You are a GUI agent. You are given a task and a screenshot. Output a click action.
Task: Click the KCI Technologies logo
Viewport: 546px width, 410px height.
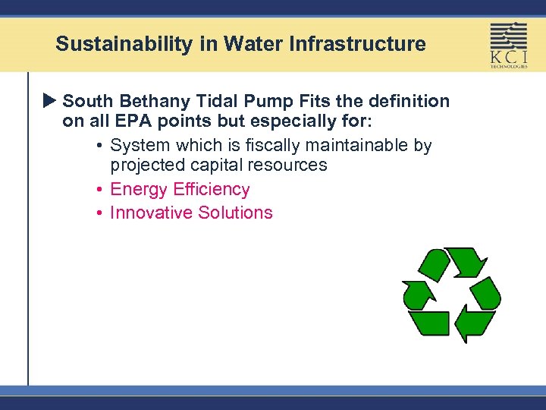[508, 45]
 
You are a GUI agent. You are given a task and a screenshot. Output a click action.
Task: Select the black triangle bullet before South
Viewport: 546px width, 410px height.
[50, 101]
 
